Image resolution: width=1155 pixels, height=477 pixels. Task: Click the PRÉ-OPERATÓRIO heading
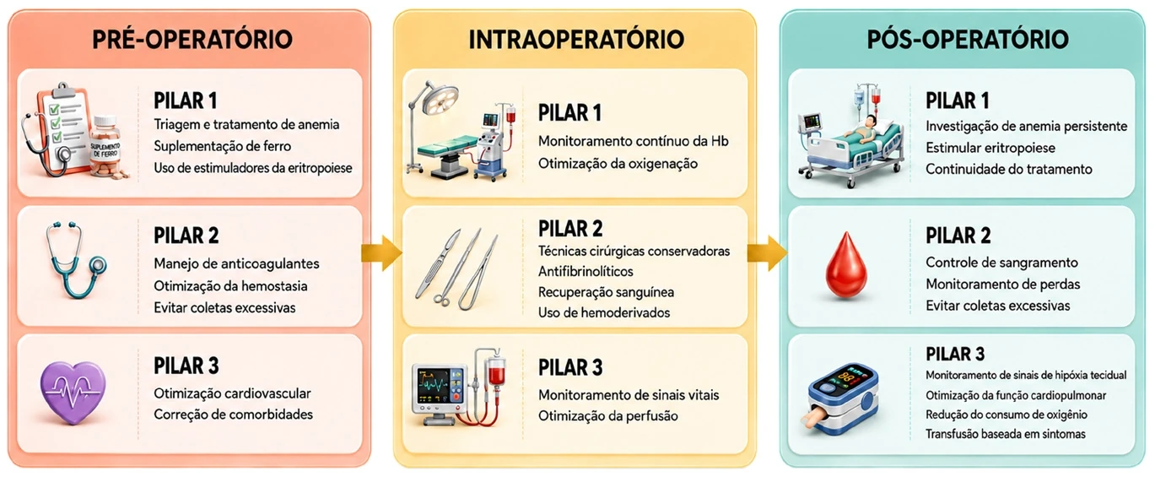click(192, 40)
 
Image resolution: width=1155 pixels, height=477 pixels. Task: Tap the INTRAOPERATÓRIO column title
click(576, 40)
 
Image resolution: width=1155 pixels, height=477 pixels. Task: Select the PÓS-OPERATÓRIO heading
click(968, 40)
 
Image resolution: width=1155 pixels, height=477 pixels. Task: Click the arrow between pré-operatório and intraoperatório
click(381, 253)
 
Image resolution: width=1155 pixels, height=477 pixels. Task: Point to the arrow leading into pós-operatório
click(767, 253)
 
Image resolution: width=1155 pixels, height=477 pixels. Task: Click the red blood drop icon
click(846, 266)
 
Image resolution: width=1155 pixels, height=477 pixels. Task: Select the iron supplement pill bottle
click(106, 147)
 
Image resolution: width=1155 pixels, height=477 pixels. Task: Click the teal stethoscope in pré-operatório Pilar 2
click(75, 261)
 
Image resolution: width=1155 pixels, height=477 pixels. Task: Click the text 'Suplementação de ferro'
click(222, 146)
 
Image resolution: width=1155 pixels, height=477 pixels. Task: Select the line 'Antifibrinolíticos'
click(586, 272)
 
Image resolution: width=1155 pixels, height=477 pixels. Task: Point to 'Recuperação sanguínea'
click(606, 292)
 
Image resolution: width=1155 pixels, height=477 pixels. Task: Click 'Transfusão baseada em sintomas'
click(1006, 434)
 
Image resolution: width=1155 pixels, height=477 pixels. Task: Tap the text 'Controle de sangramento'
click(1001, 263)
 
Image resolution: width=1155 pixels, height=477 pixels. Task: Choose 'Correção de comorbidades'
click(233, 415)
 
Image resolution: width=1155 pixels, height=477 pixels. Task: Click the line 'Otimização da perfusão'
click(608, 416)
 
